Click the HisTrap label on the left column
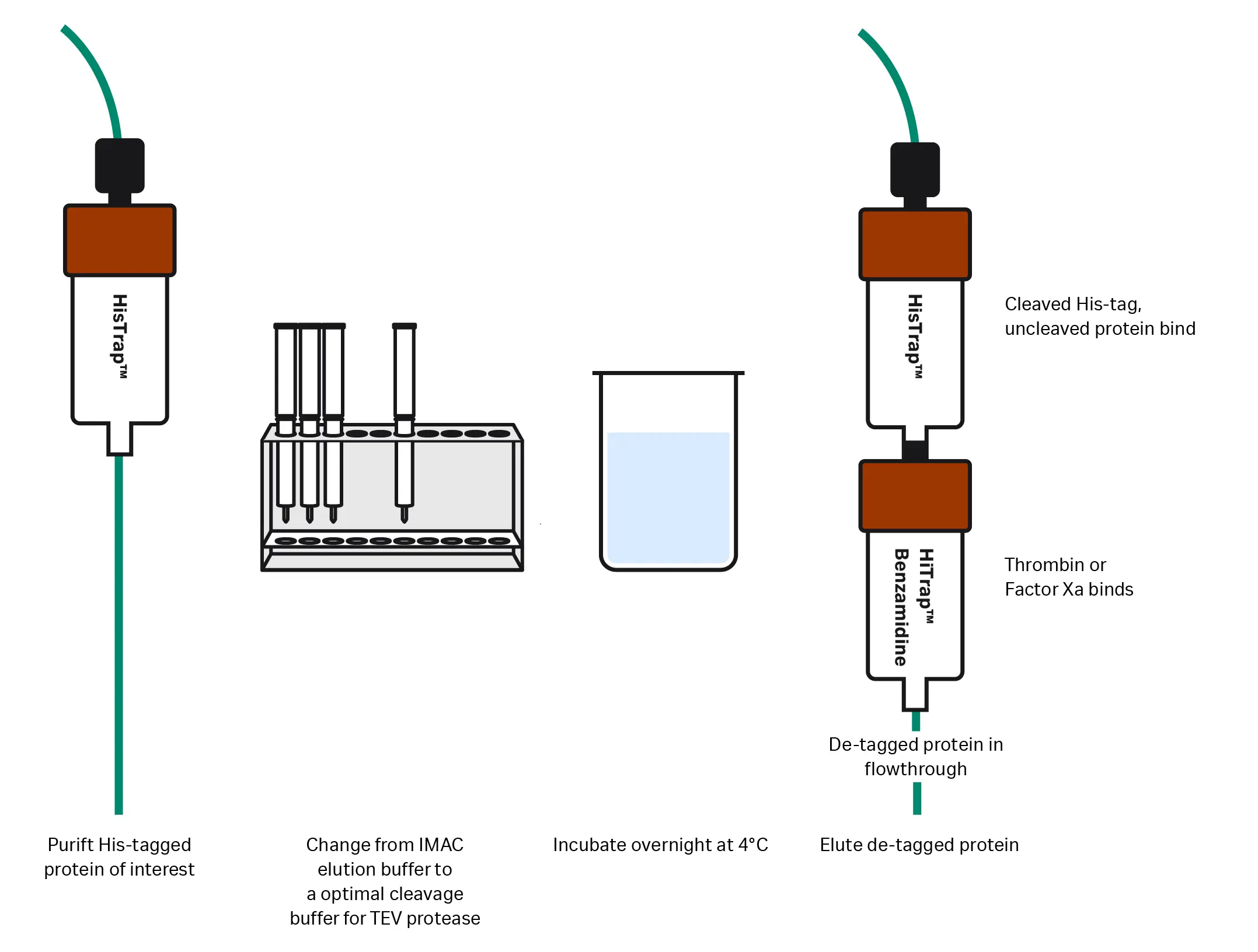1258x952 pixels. (x=120, y=337)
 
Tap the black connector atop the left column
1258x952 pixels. (x=120, y=166)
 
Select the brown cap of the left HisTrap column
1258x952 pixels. (x=120, y=240)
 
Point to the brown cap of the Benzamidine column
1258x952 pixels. (x=914, y=496)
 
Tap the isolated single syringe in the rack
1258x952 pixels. (x=404, y=420)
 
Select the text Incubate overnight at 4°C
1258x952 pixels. (x=660, y=845)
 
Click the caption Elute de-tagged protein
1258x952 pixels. (x=919, y=845)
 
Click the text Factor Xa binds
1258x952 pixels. (x=1068, y=589)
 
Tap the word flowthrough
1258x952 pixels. (x=915, y=769)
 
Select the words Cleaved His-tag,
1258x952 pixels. (x=1073, y=304)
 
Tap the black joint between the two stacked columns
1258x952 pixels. (x=915, y=450)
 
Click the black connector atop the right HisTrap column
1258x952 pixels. (x=915, y=170)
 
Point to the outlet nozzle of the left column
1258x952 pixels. (x=120, y=439)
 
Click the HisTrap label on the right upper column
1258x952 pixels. (x=915, y=337)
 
